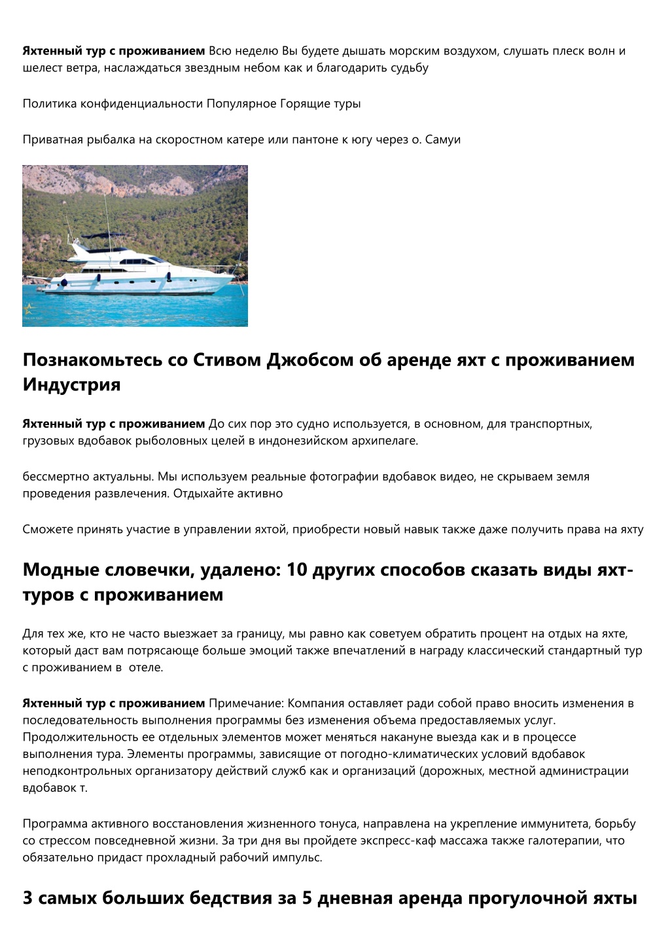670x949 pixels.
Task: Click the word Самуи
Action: click(443, 140)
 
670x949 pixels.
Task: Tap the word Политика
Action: click(50, 103)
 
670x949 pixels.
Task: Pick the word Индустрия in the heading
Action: click(71, 384)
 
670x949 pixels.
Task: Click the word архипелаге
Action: click(384, 441)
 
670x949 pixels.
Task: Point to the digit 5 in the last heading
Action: click(306, 898)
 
